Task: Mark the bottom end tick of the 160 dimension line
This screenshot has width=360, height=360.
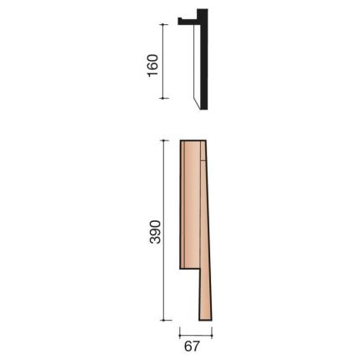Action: (163, 98)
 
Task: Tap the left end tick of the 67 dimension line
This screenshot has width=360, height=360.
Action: (180, 331)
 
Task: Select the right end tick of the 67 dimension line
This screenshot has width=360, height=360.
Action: (211, 331)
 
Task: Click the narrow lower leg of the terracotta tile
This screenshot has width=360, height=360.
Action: (204, 293)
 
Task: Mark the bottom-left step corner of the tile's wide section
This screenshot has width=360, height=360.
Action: (182, 270)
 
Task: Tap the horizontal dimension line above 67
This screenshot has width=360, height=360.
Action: (195, 331)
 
